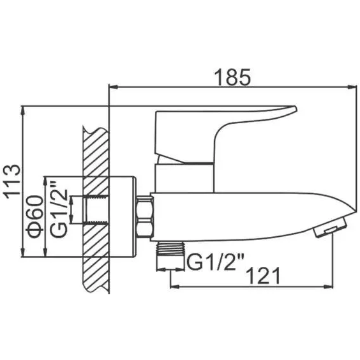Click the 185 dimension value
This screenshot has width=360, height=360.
(x=232, y=78)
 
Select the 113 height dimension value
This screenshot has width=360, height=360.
(x=12, y=182)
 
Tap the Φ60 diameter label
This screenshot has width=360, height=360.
(x=35, y=216)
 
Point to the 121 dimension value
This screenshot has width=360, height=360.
(x=264, y=276)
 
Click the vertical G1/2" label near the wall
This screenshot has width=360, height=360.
(x=59, y=209)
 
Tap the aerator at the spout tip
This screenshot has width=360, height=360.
(x=330, y=227)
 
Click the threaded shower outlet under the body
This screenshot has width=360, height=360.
(x=170, y=248)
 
